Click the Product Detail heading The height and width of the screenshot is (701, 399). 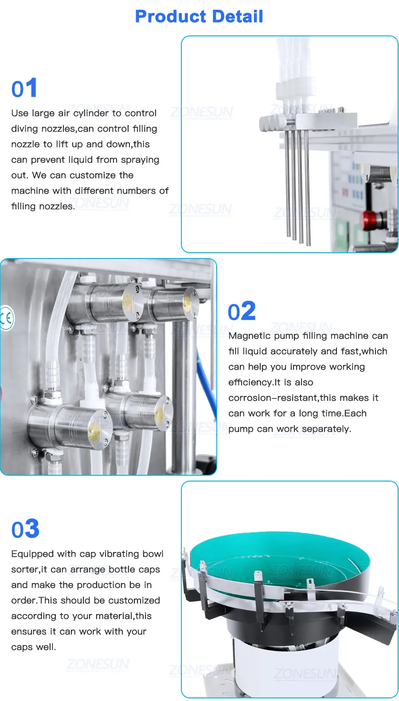coord(199,16)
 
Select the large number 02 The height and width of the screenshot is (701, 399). coord(242,311)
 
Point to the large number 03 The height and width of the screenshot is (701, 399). coord(25,529)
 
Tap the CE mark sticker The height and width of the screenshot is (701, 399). coord(7,318)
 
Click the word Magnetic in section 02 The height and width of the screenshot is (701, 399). coord(250,336)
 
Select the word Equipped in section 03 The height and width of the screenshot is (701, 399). coord(32,554)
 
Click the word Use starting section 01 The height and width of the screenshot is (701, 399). coord(20,113)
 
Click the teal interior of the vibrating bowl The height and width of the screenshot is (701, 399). coord(278,560)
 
